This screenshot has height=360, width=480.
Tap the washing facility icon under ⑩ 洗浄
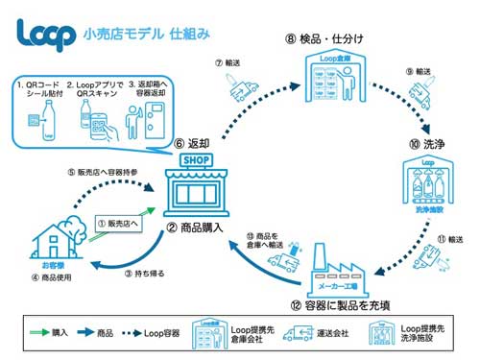(426, 188)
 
